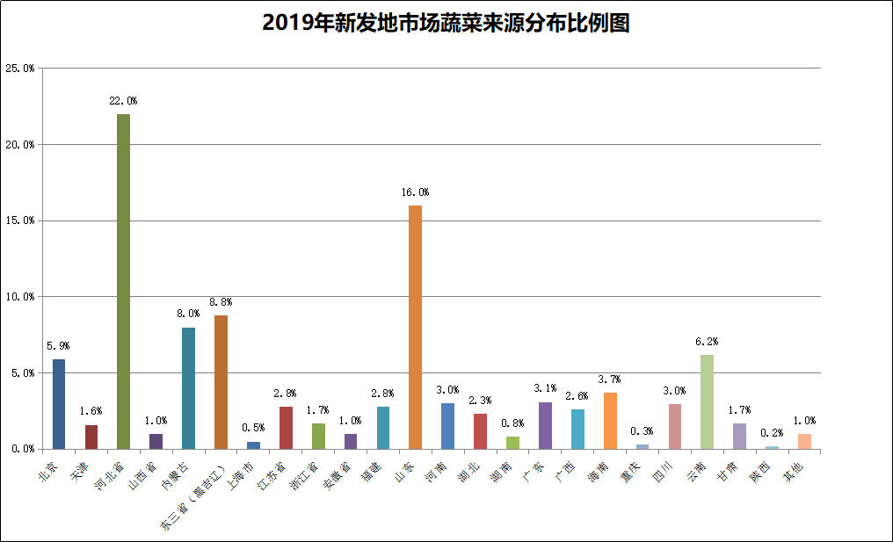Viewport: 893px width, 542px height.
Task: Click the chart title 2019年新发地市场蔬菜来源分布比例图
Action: [446, 23]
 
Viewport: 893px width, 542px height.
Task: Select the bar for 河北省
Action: [124, 281]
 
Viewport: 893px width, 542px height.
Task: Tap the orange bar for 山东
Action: [416, 327]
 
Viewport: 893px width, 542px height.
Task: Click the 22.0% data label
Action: [123, 101]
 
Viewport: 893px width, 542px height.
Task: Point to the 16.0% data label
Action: [415, 192]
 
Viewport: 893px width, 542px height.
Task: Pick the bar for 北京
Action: [59, 403]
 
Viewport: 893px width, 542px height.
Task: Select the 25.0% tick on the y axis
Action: [19, 69]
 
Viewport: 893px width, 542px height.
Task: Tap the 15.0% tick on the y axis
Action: [19, 220]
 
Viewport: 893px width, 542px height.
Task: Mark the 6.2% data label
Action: [707, 342]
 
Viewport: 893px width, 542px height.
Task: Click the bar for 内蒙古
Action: [188, 387]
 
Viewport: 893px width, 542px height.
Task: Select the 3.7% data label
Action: [610, 379]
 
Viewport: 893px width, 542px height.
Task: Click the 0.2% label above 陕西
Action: [772, 433]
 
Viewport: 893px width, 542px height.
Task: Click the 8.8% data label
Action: [221, 302]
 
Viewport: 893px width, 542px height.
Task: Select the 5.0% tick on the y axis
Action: [19, 372]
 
